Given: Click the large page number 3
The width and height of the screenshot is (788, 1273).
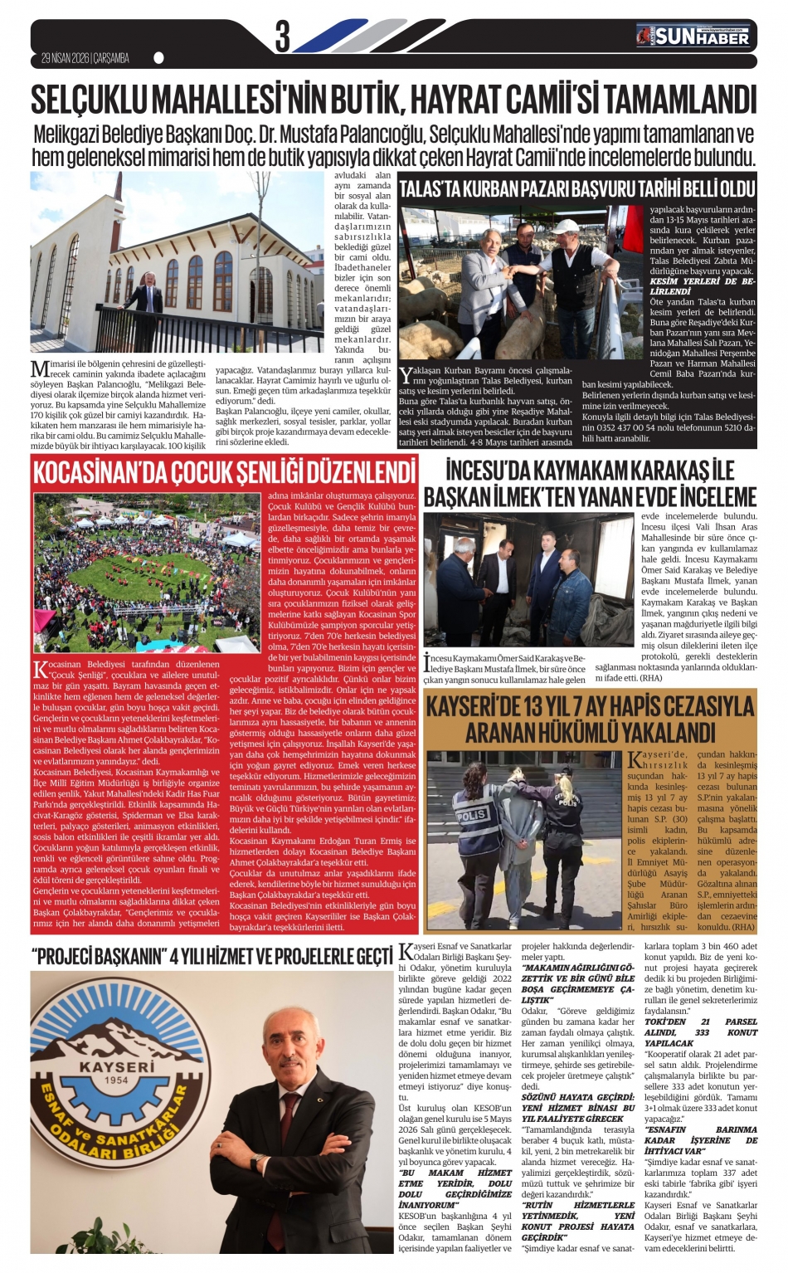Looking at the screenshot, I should pyautogui.click(x=282, y=37).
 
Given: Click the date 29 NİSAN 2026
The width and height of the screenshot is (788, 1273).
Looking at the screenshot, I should pyautogui.click(x=65, y=58).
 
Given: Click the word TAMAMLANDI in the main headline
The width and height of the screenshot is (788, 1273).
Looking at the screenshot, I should pyautogui.click(x=679, y=100).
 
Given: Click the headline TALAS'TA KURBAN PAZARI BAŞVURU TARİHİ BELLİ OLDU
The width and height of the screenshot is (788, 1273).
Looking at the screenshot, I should pyautogui.click(x=577, y=188).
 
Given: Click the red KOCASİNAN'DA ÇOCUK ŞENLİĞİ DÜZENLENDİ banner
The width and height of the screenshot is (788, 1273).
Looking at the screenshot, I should pyautogui.click(x=224, y=472).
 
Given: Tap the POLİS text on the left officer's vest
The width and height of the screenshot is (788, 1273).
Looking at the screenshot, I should pyautogui.click(x=473, y=815).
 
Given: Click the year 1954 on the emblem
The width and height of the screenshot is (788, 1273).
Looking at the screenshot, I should pyautogui.click(x=117, y=1080).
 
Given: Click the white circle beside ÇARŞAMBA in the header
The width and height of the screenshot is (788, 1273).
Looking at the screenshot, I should pyautogui.click(x=159, y=58).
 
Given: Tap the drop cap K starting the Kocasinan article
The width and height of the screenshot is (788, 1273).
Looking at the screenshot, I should pyautogui.click(x=40, y=669).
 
